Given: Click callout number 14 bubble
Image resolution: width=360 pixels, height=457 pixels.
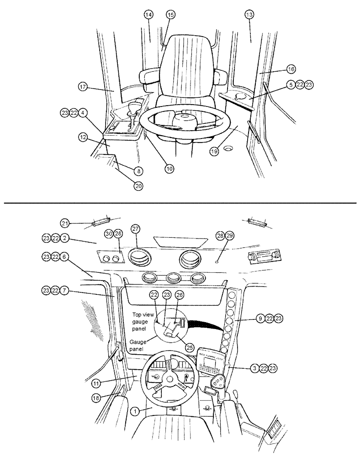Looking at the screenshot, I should point(148,15).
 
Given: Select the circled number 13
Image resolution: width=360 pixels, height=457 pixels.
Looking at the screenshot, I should point(249,15).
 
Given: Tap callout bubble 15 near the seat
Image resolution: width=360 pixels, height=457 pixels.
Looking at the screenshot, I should point(169,15).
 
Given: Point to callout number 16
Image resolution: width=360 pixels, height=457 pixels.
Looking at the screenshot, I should point(291,69).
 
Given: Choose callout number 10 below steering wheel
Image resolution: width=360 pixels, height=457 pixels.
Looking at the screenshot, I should point(169,169).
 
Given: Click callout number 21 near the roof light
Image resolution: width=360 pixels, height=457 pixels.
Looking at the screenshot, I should point(65,223).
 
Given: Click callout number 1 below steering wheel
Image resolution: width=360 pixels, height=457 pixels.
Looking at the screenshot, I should point(134,411).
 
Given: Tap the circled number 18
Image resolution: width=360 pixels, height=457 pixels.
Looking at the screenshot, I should point(96,398).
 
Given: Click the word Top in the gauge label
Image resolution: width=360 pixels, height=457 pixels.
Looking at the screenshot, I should point(138,314).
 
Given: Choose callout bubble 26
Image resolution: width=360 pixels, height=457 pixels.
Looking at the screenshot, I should point(180,296).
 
